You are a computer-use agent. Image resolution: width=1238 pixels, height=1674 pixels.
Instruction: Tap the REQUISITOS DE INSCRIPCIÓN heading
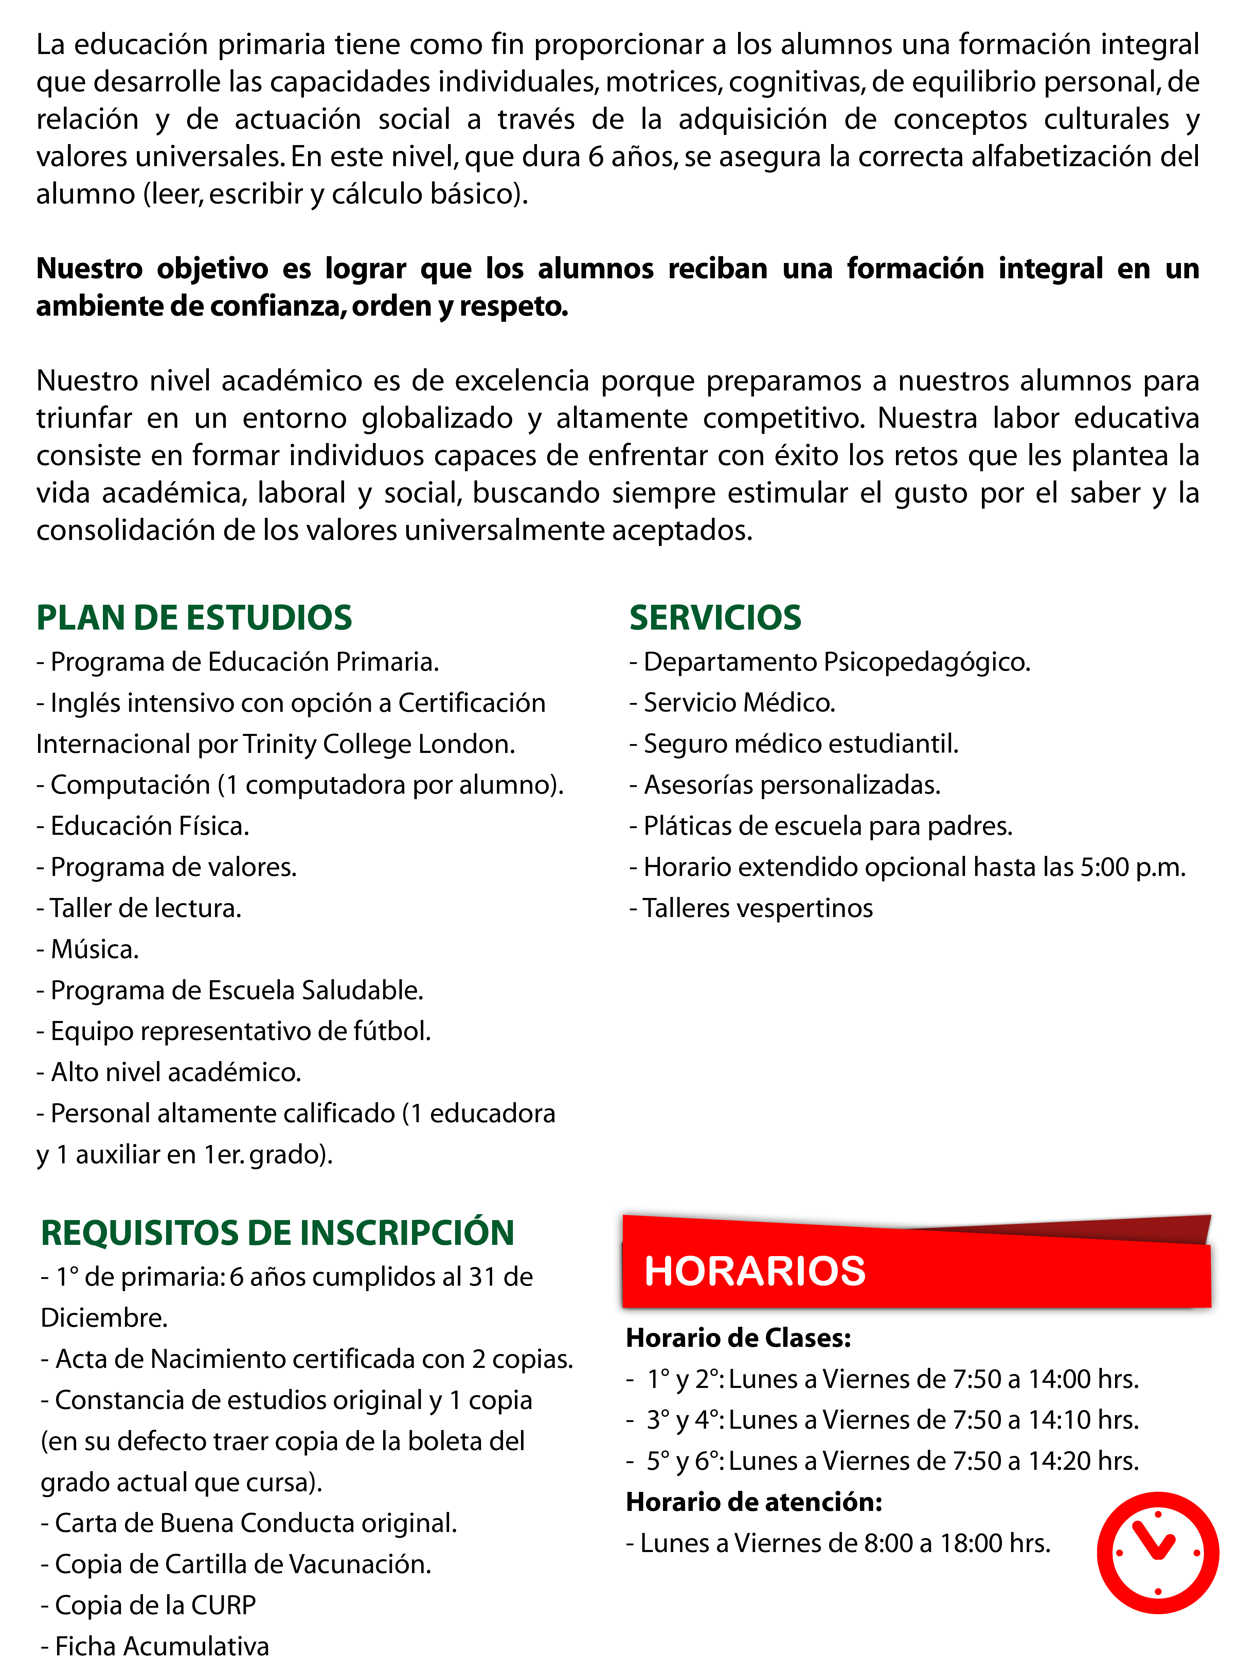[277, 1233]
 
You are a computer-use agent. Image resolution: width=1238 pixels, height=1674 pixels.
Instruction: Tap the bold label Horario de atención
[754, 1502]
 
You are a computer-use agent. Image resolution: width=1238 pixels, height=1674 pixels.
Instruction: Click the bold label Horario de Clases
[738, 1338]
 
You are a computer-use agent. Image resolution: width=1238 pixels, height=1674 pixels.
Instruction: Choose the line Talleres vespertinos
[752, 909]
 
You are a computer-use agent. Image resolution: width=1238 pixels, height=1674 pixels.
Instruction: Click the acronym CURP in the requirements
[223, 1605]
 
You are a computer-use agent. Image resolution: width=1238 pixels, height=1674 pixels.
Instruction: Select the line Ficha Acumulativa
[155, 1646]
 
